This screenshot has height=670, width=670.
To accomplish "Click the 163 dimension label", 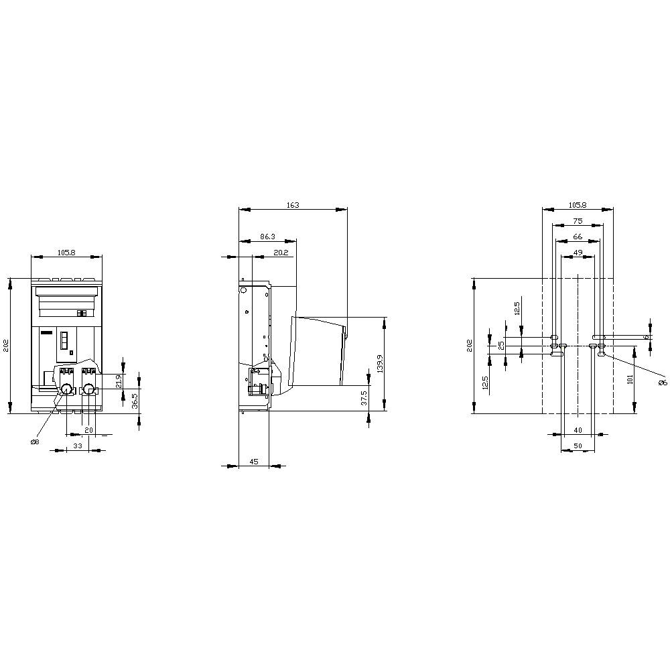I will tap(293, 205).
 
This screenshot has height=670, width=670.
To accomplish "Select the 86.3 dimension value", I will tap(267, 237).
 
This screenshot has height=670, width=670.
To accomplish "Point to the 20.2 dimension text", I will tap(281, 253).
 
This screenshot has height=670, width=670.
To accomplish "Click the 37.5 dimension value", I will tap(364, 397).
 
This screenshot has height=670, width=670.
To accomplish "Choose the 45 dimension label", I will tap(254, 461).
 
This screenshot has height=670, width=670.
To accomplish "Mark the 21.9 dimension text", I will tap(119, 381).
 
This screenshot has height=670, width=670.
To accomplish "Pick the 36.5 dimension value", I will tap(135, 401).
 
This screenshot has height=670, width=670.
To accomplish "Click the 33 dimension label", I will tap(77, 445).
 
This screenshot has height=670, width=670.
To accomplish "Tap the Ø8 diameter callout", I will tap(35, 442).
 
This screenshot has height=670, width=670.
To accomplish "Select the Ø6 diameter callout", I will tap(663, 383).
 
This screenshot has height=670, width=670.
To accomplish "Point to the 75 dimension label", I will tap(578, 220).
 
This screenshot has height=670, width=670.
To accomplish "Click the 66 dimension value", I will tap(578, 237).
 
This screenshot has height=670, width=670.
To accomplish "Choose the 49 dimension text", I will tap(578, 253).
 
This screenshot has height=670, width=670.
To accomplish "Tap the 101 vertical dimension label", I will tap(630, 379).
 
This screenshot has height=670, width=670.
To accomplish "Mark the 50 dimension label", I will tap(578, 446).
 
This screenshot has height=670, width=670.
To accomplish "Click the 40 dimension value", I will tap(578, 430).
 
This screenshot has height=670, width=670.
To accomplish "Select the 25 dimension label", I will tap(500, 346).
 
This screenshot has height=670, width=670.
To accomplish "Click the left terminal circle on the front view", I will tap(66, 389).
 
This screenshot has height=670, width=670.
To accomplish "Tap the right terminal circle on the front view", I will tap(88, 389).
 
